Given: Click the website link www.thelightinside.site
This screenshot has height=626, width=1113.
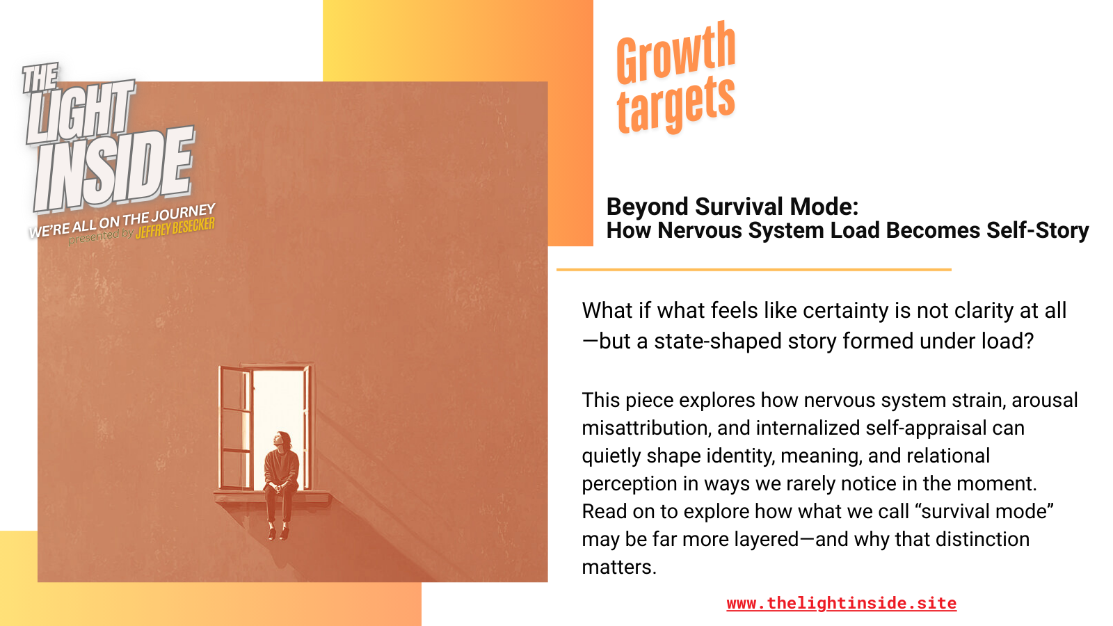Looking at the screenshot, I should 841,603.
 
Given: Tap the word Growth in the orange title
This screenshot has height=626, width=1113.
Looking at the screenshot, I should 675,53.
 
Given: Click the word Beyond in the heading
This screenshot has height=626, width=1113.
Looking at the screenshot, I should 647,207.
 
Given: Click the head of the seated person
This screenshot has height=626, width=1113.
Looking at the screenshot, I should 282,440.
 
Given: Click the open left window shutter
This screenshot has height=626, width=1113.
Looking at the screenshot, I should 235,428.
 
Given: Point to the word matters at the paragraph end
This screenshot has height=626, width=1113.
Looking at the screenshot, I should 618,567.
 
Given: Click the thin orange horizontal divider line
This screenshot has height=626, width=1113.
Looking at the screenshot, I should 753,269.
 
